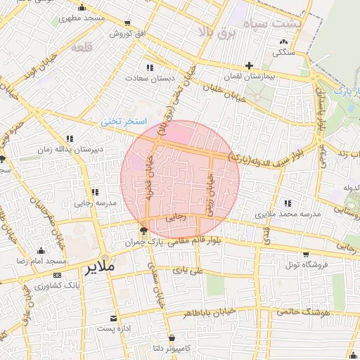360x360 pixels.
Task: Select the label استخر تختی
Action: coord(123,121)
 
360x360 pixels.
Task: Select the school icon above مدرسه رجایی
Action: coord(94,192)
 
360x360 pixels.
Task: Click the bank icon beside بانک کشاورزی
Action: coord(58,276)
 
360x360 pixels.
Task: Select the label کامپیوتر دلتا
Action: coord(171,348)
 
